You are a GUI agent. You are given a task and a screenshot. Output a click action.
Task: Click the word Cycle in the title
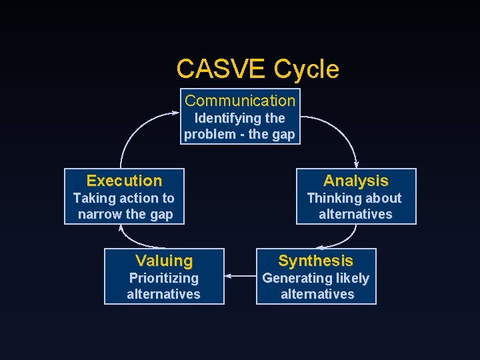click(x=307, y=69)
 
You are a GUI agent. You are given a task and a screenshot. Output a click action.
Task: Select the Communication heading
click(x=240, y=101)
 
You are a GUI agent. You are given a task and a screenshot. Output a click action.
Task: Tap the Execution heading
click(x=124, y=181)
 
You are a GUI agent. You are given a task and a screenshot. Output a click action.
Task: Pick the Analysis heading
click(x=355, y=181)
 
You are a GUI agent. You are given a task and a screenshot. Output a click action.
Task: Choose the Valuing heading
click(x=164, y=261)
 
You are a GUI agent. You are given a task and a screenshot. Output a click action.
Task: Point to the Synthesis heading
click(x=315, y=261)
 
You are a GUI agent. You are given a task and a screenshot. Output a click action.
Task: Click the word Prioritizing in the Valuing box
click(x=163, y=278)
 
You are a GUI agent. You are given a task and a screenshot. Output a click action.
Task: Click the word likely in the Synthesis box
click(x=351, y=278)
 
